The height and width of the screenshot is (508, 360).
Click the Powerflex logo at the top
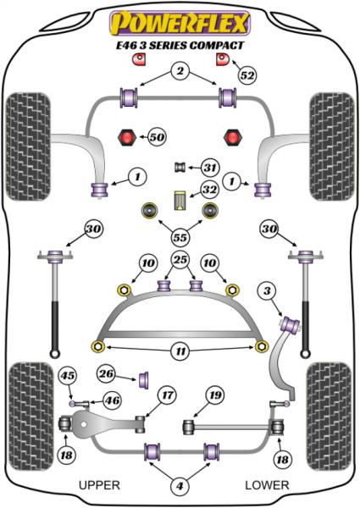pyautogui.click(x=180, y=21)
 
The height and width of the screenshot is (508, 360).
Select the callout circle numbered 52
pyautogui.click(x=247, y=75)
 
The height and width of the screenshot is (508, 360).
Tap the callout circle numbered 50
pyautogui.click(x=156, y=135)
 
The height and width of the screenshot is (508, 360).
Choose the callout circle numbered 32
pyautogui.click(x=209, y=190)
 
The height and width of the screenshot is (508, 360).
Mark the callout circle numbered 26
pyautogui.click(x=107, y=373)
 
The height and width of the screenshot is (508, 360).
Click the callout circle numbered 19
pyautogui.click(x=215, y=395)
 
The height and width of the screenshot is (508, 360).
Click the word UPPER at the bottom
pyautogui.click(x=99, y=485)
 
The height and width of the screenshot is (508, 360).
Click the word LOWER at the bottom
pyautogui.click(x=268, y=485)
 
